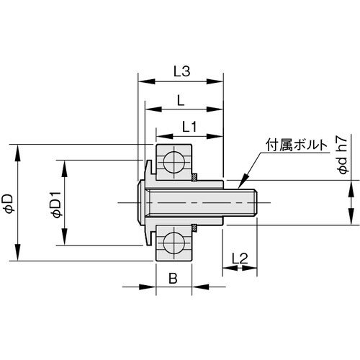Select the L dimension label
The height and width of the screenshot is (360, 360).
point(179,101)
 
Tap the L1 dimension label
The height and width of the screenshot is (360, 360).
point(189,127)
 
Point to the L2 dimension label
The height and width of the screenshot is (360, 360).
point(240,257)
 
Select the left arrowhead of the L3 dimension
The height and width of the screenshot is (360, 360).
point(141,81)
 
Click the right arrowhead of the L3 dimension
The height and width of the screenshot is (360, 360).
point(219,81)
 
